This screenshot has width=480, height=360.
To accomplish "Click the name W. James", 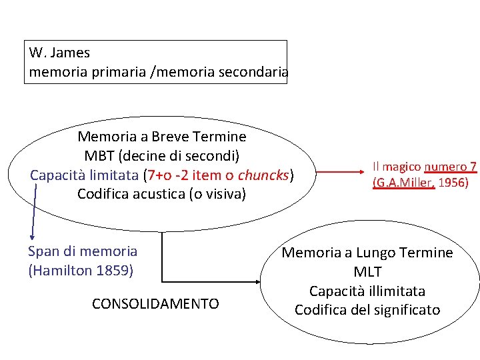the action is (59, 52).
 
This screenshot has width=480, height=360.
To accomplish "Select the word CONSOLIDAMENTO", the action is (155, 304).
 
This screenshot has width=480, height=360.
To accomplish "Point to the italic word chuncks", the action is (263, 175).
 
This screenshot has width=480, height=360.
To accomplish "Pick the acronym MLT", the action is (367, 272).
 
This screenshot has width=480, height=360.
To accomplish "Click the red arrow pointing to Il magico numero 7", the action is (340, 175).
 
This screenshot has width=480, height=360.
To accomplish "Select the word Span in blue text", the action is (42, 251).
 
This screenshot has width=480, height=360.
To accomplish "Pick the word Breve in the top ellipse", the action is (169, 137).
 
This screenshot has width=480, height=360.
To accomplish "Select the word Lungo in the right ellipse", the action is (375, 253).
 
